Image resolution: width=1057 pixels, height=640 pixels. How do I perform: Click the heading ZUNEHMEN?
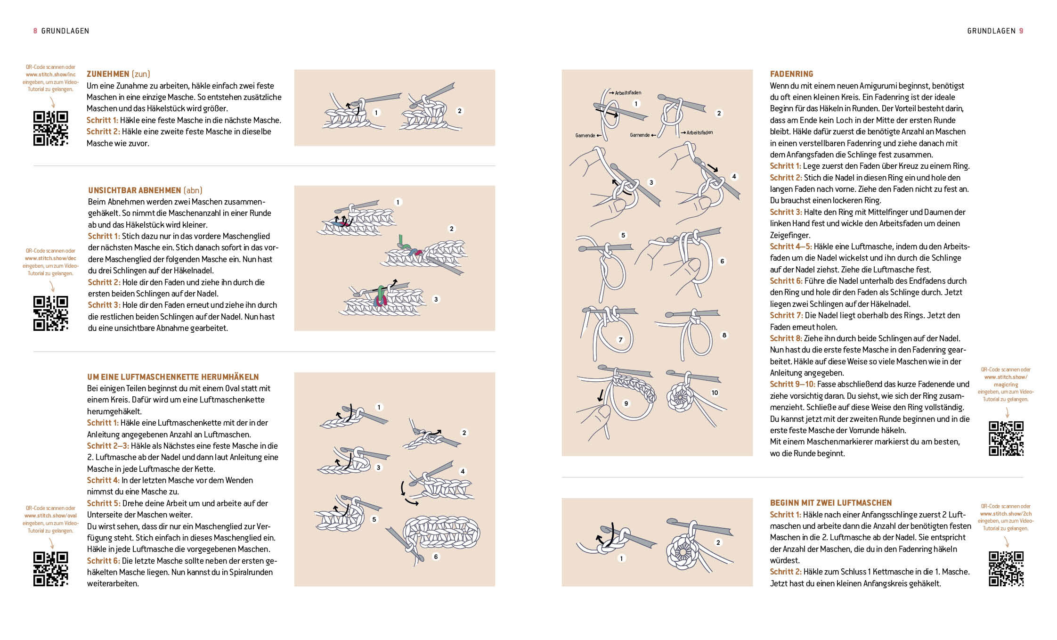click(x=108, y=74)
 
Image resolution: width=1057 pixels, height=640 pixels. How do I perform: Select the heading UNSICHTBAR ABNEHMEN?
click(x=134, y=190)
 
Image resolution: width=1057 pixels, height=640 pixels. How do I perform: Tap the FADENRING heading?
click(x=791, y=74)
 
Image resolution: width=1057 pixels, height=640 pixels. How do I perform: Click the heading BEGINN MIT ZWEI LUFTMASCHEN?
click(x=831, y=503)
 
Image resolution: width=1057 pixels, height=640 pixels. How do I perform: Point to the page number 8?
click(x=35, y=31)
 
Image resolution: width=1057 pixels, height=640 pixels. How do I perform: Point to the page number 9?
click(x=1021, y=31)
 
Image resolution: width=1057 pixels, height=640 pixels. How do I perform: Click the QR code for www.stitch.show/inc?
click(x=50, y=128)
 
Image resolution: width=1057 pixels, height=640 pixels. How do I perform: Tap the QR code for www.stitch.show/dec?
click(x=50, y=313)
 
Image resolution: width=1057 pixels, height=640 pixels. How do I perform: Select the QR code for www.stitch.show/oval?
click(x=50, y=569)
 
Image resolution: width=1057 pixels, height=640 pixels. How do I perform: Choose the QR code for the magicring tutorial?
click(x=1006, y=439)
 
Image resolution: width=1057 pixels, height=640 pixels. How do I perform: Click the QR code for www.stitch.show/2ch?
click(x=1006, y=569)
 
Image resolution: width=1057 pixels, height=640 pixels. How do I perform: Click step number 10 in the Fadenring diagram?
click(x=715, y=393)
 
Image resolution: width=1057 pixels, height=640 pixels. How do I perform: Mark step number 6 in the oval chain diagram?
click(x=436, y=557)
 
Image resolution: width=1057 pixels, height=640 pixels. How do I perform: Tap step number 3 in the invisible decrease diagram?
click(x=436, y=299)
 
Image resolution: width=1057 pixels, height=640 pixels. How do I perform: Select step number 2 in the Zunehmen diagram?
click(x=459, y=111)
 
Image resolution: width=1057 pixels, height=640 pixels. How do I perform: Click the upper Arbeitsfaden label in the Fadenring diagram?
click(x=627, y=93)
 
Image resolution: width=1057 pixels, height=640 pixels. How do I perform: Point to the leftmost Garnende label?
click(x=585, y=136)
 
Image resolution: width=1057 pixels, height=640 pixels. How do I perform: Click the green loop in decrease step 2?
click(x=402, y=241)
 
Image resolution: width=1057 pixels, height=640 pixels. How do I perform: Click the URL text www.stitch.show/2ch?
click(x=1006, y=514)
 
